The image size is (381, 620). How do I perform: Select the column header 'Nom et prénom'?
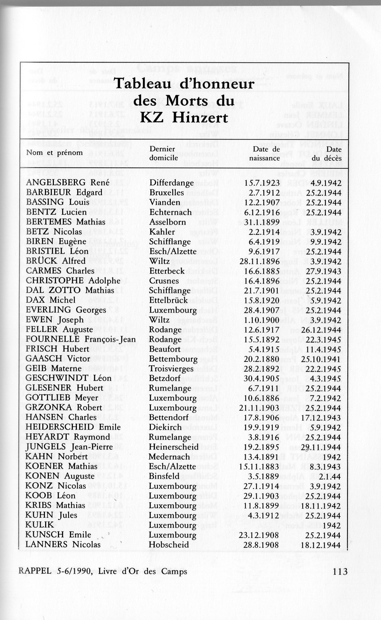tap(54, 153)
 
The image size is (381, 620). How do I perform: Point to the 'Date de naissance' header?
tap(264, 154)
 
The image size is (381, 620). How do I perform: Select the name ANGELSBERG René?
tap(68, 183)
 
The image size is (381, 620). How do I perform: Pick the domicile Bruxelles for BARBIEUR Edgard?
tap(167, 193)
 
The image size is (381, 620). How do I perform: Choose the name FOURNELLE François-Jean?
tap(81, 339)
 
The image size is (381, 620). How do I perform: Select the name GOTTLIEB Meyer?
tap(62, 398)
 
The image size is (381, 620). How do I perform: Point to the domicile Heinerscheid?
tap(174, 447)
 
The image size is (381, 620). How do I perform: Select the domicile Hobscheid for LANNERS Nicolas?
tap(169, 544)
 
